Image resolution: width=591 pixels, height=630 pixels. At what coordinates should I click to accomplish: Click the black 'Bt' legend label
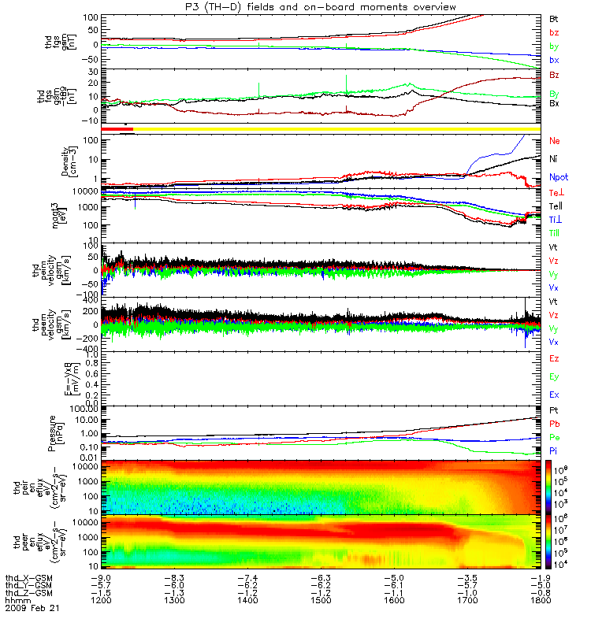[x=554, y=18]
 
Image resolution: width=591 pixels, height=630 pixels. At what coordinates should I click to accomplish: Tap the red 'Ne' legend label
[x=554, y=140]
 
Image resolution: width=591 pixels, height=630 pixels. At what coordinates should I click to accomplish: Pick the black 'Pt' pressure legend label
[x=554, y=411]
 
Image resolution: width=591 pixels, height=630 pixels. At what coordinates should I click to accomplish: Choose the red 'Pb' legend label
[x=554, y=424]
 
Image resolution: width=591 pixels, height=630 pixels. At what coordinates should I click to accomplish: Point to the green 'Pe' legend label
[x=554, y=436]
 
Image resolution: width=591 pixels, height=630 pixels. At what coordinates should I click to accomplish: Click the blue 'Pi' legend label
[x=554, y=449]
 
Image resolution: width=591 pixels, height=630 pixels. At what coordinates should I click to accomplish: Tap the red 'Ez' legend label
[x=554, y=358]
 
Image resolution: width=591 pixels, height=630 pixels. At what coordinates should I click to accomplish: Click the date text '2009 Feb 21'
[x=31, y=608]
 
